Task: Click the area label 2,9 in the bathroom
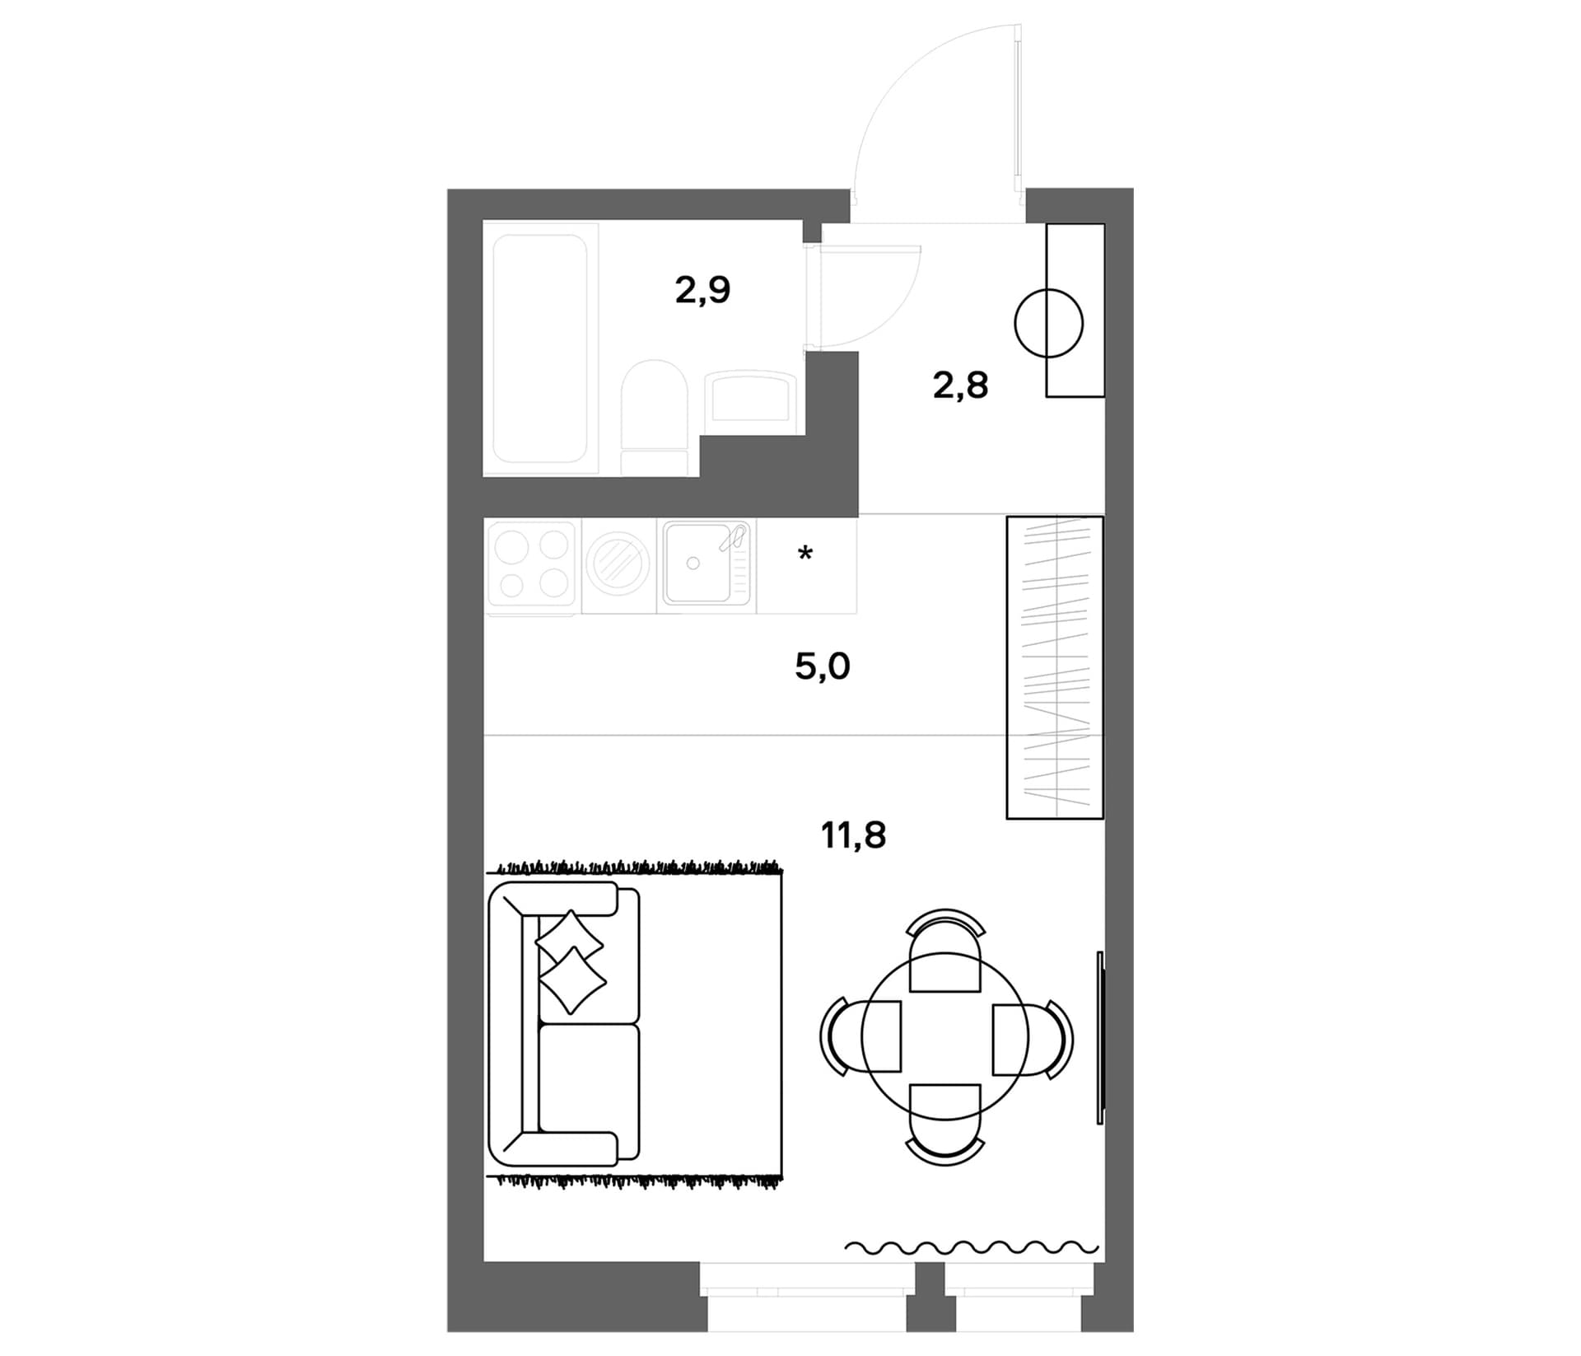click(x=702, y=291)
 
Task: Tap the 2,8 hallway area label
click(x=960, y=386)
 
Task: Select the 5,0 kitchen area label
click(x=823, y=666)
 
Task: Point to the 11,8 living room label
click(x=853, y=835)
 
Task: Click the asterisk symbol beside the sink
click(x=805, y=553)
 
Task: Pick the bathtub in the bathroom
click(x=540, y=349)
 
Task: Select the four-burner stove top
click(x=533, y=566)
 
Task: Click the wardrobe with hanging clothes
click(x=1055, y=667)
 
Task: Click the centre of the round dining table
click(x=945, y=1037)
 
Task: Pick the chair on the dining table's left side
click(x=860, y=1036)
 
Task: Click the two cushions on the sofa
click(x=571, y=961)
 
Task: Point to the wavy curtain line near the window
click(x=972, y=1247)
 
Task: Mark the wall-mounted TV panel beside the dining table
click(x=1100, y=1037)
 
